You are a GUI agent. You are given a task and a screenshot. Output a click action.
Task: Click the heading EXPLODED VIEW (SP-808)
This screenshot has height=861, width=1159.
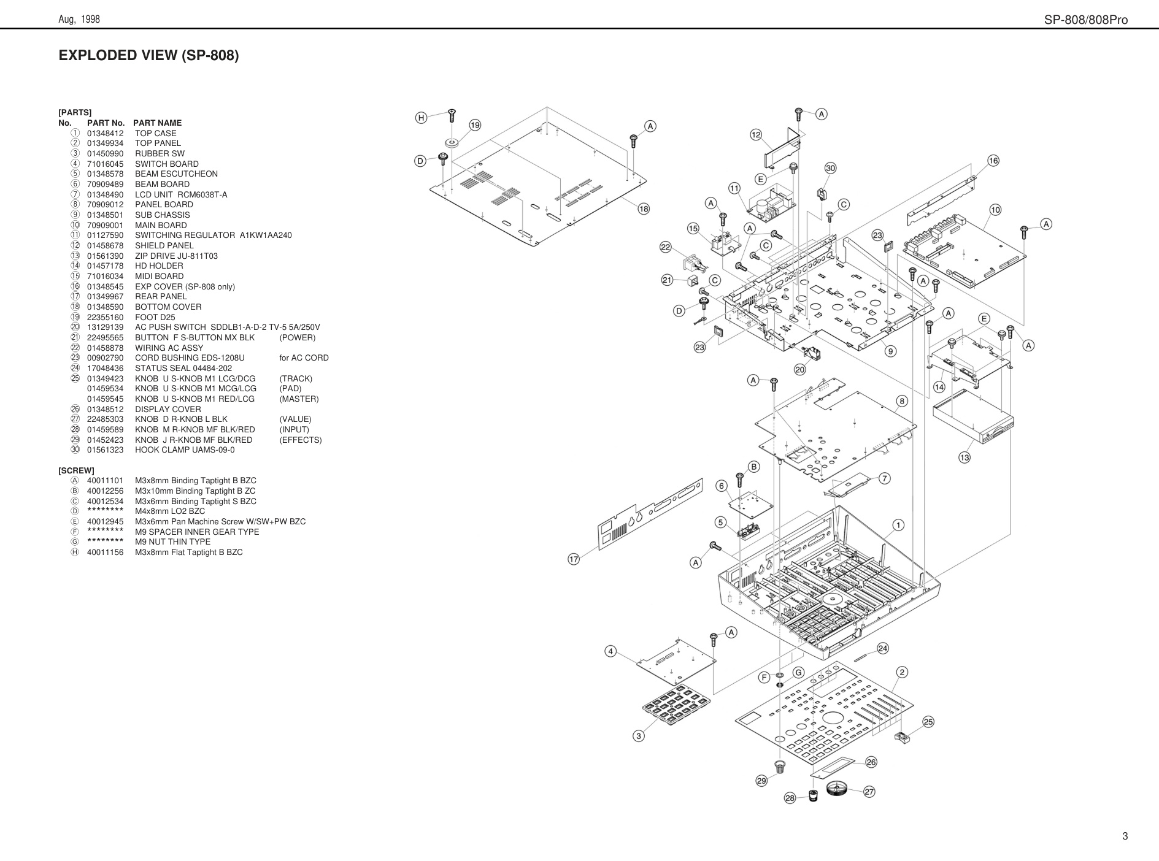pos(148,55)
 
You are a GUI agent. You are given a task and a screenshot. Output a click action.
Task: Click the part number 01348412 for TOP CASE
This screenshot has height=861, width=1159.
pos(105,133)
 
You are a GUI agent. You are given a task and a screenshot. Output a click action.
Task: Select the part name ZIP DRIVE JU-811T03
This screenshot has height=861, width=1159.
pos(176,256)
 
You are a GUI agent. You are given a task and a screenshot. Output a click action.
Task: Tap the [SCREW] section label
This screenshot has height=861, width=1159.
pos(77,470)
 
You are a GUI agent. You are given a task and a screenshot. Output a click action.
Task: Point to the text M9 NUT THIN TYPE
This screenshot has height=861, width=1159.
pos(172,541)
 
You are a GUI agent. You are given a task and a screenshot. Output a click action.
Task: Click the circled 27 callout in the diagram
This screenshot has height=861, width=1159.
pos(869,792)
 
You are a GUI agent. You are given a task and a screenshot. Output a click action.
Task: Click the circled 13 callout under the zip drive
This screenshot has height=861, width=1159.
pos(965,457)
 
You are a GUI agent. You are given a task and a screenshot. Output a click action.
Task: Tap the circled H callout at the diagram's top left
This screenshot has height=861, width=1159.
pos(421,118)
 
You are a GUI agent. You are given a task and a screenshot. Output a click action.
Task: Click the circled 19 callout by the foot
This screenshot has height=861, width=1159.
pos(475,126)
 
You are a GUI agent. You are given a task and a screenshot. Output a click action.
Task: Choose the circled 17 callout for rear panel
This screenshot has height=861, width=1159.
pos(574,559)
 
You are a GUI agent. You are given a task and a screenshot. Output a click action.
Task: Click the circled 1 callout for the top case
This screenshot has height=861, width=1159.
pos(898,525)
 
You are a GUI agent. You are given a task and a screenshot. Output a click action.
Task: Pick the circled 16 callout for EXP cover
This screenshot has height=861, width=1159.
pos(993,161)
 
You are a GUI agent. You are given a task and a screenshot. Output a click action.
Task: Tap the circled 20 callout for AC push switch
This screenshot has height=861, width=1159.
pos(799,370)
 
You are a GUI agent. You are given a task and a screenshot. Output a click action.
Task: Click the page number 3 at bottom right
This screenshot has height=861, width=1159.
pos(1125,836)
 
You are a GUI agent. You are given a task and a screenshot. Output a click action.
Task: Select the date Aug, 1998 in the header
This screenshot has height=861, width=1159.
pos(79,20)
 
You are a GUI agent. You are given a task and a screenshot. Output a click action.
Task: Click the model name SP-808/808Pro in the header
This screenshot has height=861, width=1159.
pos(1086,20)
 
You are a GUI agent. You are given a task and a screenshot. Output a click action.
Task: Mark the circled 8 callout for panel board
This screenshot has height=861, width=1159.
pos(901,401)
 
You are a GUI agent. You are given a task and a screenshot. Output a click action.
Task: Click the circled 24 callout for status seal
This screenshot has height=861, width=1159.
pos(882,648)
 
